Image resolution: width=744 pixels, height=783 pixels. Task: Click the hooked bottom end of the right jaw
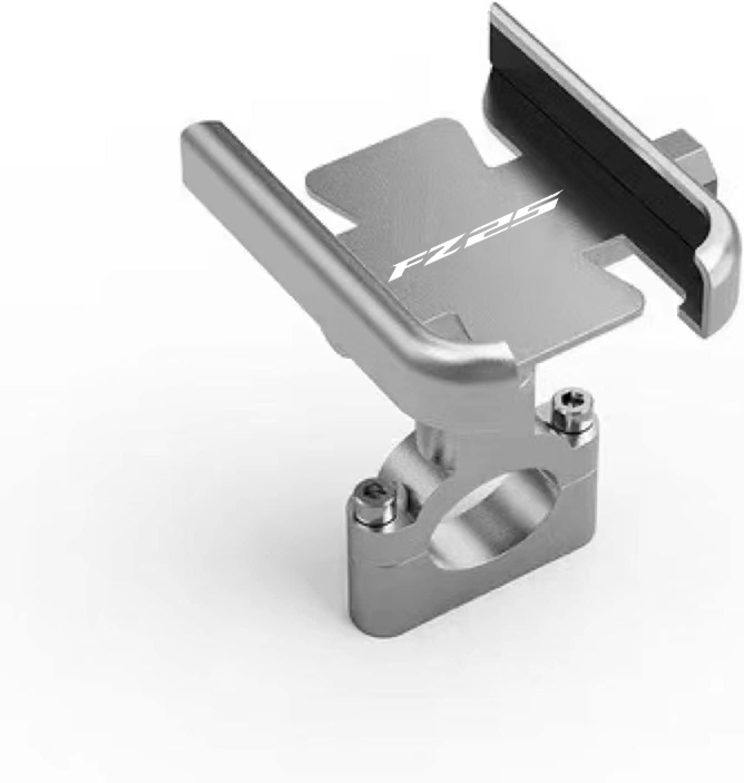(707, 290)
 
